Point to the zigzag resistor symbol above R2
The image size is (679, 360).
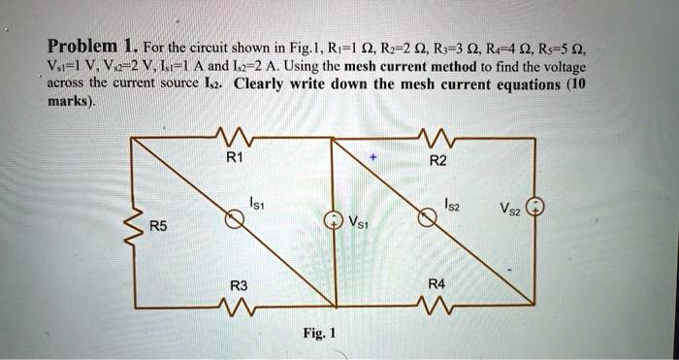[x=434, y=135]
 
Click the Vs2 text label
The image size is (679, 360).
[x=508, y=209]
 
